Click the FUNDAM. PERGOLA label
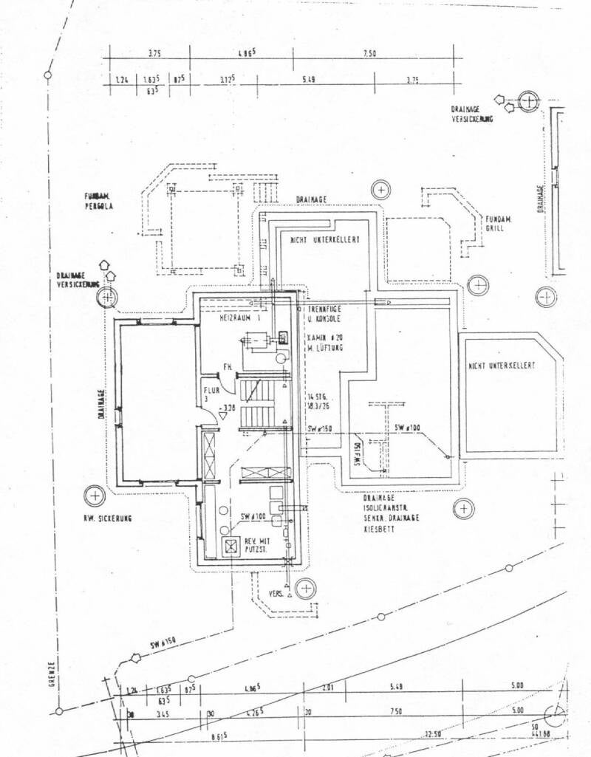pyautogui.click(x=98, y=202)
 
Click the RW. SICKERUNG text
pyautogui.click(x=107, y=519)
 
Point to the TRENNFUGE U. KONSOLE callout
pyautogui.click(x=323, y=314)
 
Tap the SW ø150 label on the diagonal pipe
pyautogui.click(x=165, y=645)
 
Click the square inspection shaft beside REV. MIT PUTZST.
pyautogui.click(x=231, y=547)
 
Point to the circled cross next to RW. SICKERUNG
pyautogui.click(x=95, y=495)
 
